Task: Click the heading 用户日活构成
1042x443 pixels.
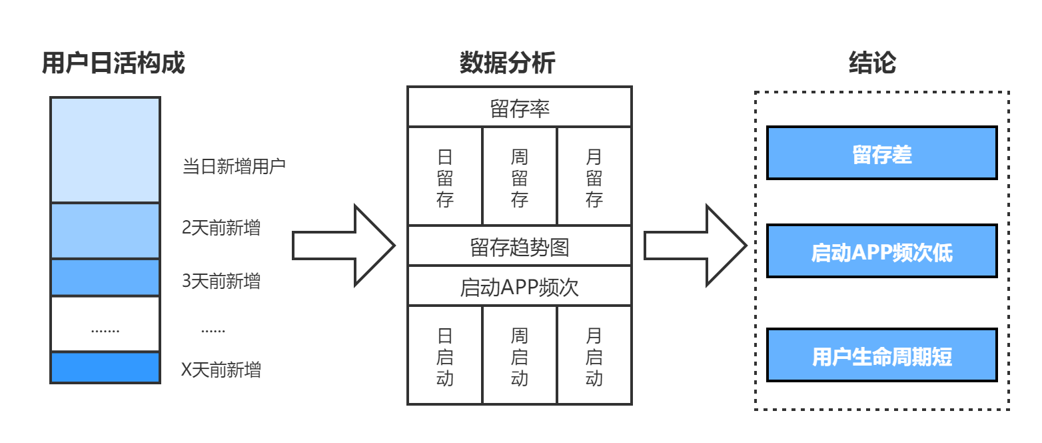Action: pos(113,63)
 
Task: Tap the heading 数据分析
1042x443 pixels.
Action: pos(507,63)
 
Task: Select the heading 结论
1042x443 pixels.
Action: pos(872,63)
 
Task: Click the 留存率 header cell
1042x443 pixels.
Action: pos(520,108)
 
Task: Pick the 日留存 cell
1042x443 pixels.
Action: pos(445,177)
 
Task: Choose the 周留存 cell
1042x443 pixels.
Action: pos(520,177)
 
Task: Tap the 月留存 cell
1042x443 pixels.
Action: pos(594,177)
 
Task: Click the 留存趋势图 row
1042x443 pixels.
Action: pos(520,248)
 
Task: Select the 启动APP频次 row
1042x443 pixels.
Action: pos(520,287)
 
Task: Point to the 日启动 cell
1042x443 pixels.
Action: pos(445,356)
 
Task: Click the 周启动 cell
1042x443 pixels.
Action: pos(520,356)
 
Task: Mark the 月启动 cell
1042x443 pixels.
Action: pos(594,356)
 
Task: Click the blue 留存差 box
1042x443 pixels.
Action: pos(881,153)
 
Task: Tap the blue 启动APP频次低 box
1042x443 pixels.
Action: pos(881,252)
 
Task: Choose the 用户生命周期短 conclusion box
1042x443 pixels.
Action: pos(881,356)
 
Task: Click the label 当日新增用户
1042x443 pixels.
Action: pos(234,166)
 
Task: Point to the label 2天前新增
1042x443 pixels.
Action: pos(221,228)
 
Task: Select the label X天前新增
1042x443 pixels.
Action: pos(221,370)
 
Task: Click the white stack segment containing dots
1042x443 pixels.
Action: pos(105,325)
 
